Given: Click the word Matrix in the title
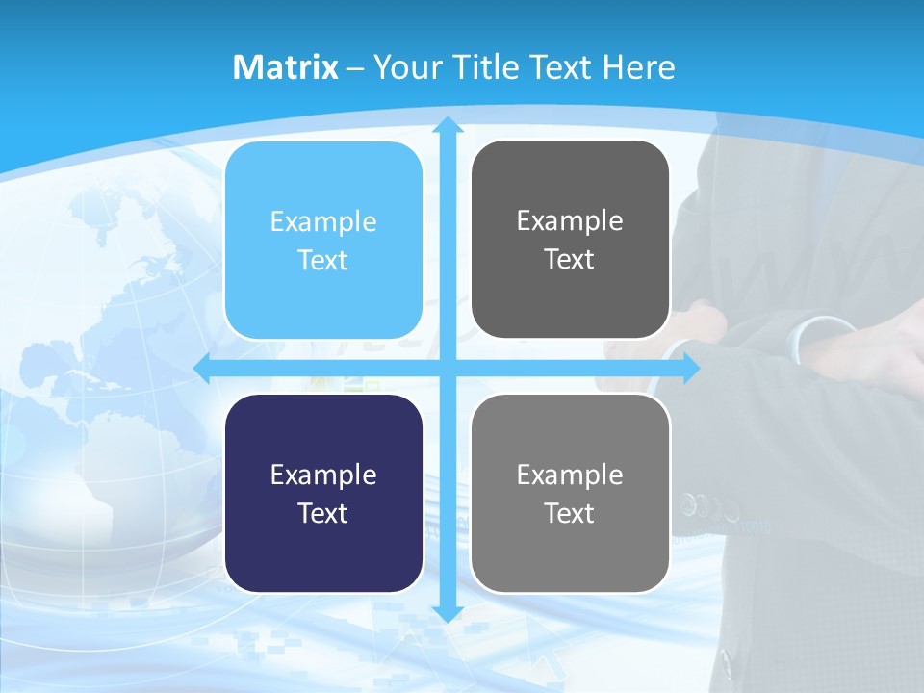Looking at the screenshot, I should (x=285, y=67).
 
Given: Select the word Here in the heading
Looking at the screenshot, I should (x=638, y=67).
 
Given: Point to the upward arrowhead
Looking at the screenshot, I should (x=448, y=125).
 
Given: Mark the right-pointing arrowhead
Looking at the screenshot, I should (x=690, y=368).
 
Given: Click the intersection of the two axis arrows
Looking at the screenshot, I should (x=448, y=368).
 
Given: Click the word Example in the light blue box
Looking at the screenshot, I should (x=323, y=221).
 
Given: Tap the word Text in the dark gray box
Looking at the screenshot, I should (x=570, y=260).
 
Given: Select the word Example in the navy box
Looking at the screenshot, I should (x=323, y=475).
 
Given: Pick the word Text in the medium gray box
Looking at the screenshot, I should (x=570, y=513).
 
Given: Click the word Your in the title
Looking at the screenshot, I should (x=409, y=67).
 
